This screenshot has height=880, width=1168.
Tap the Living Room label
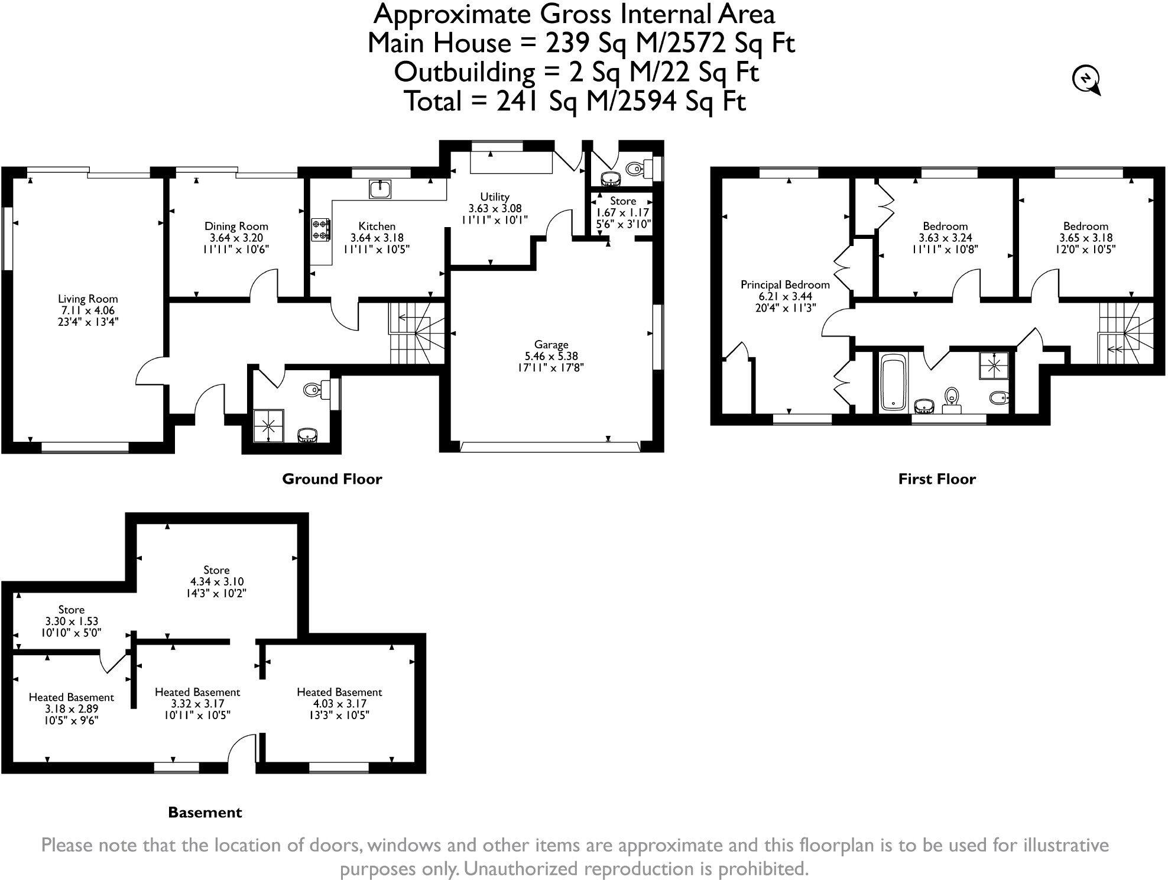[87, 299]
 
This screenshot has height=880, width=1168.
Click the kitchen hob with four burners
[321, 230]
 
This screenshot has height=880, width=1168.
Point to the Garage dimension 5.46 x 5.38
[551, 356]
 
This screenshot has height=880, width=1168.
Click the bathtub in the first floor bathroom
[893, 383]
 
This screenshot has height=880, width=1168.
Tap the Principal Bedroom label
[785, 284]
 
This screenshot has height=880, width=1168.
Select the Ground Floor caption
[332, 479]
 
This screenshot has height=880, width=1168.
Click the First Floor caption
[936, 479]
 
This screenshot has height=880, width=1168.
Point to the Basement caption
[205, 813]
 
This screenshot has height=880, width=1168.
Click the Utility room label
[495, 196]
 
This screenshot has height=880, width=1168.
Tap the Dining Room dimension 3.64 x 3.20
[236, 238]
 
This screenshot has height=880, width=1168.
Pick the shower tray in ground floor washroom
[269, 425]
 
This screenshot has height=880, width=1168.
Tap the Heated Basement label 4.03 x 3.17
[339, 692]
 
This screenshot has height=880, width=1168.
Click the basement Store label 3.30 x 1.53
[71, 609]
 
